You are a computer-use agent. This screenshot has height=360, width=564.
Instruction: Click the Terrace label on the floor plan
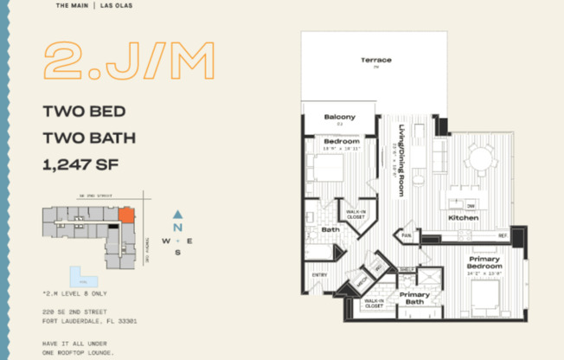tap(376, 60)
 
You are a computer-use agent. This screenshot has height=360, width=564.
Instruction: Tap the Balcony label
tap(340, 117)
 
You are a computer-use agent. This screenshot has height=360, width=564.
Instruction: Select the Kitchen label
tap(464, 218)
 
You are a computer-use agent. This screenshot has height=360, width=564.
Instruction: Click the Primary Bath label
tap(414, 299)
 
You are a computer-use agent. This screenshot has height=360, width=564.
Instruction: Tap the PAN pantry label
tap(406, 235)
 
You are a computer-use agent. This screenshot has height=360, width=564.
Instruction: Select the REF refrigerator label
tap(502, 235)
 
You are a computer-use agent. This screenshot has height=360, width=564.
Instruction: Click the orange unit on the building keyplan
tap(126, 215)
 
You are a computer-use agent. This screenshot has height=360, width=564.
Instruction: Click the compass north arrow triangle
tap(177, 214)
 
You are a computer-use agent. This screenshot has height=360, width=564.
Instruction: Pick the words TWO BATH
tap(89, 137)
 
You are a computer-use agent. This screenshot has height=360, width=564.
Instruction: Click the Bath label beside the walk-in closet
tap(330, 230)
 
